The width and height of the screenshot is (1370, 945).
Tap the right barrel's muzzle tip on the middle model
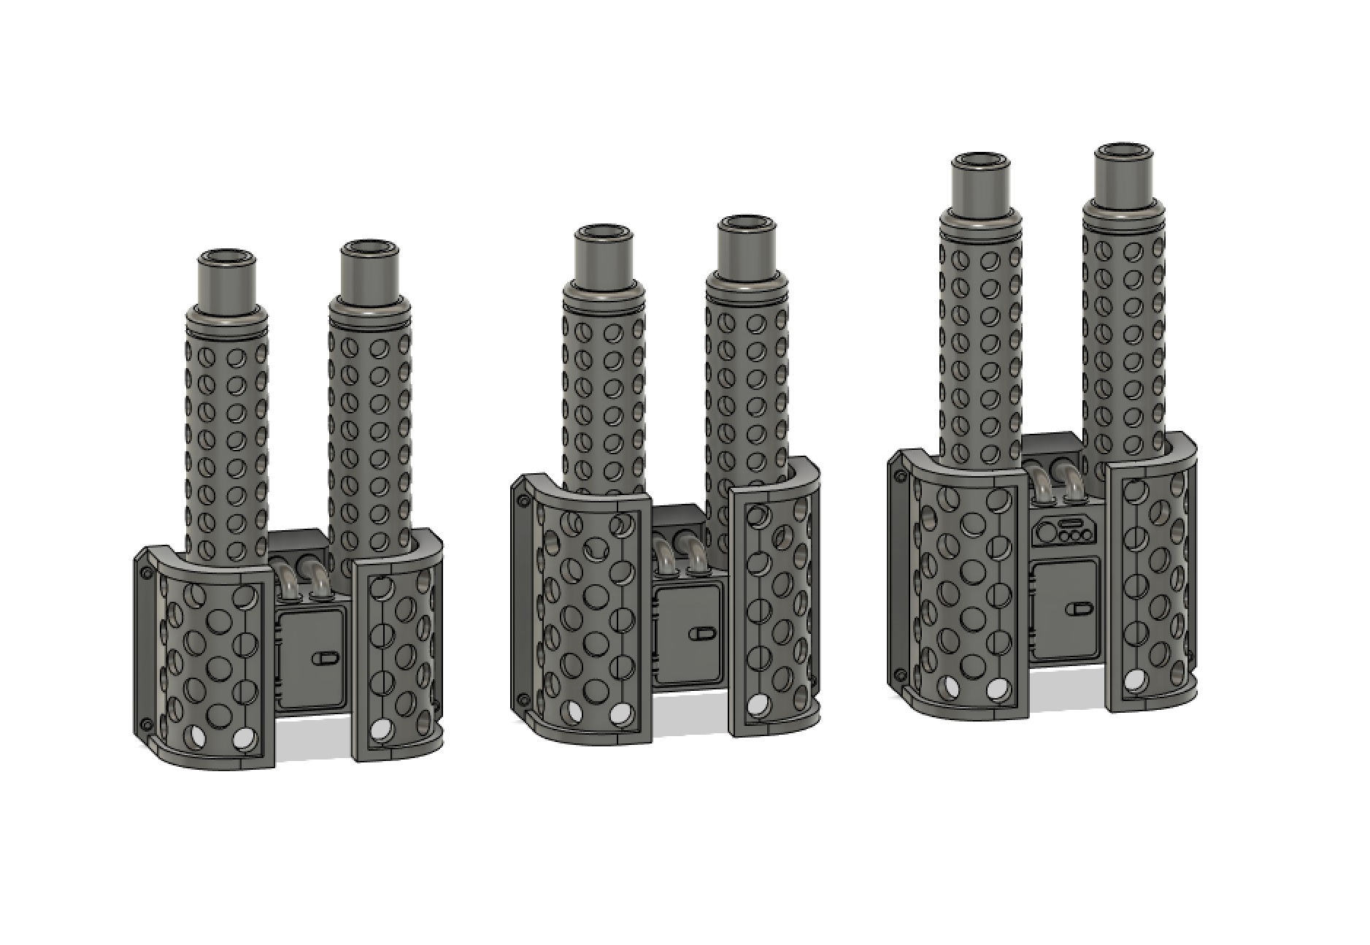745,223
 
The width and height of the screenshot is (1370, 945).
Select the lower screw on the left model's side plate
146,724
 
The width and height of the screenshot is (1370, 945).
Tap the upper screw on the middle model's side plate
523,502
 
